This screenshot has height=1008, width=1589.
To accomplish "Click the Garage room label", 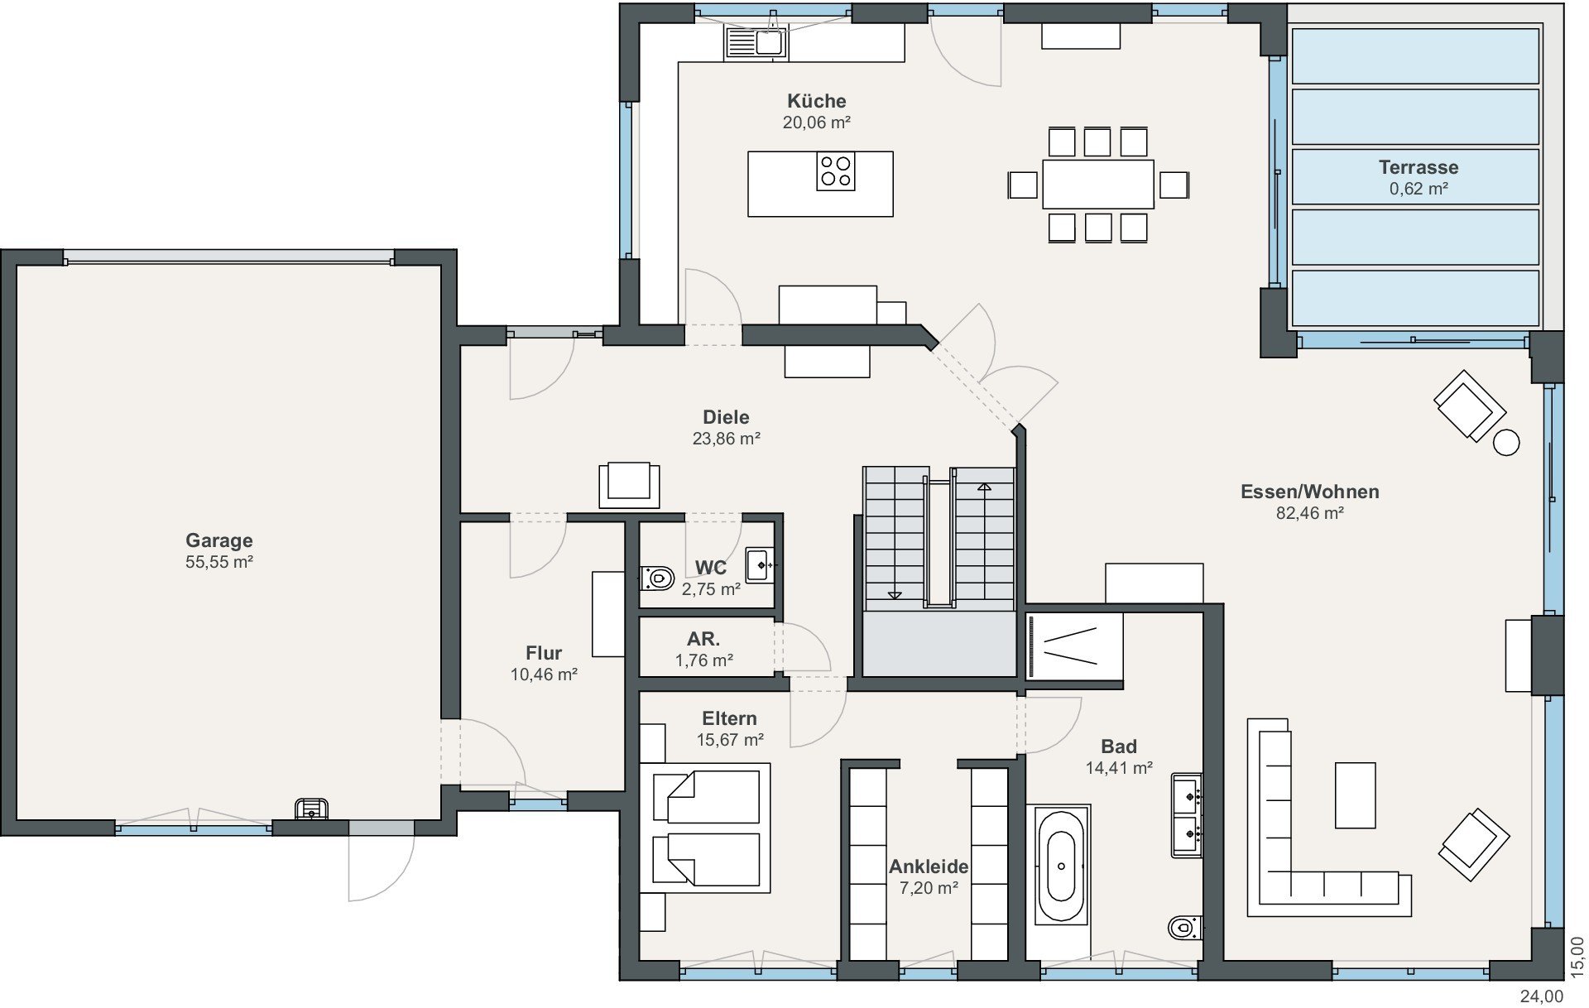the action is click(x=218, y=540).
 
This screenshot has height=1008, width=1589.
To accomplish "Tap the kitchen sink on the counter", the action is click(x=756, y=42).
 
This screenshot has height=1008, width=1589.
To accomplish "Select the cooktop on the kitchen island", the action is click(x=835, y=171).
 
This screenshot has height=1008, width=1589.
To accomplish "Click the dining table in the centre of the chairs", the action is click(x=1097, y=184).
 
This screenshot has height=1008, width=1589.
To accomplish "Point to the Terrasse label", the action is click(x=1419, y=166).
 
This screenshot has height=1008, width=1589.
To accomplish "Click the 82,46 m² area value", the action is click(x=1309, y=513).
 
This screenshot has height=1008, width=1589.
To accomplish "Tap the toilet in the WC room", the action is click(x=657, y=578).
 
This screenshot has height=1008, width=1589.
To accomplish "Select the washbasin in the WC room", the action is click(x=760, y=565).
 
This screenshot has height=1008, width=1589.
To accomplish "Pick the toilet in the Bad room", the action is click(x=1184, y=928).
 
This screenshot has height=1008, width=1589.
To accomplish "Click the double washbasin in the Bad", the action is click(x=1187, y=815).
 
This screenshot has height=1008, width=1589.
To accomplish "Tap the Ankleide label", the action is click(x=929, y=866).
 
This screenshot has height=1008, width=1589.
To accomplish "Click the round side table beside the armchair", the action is click(x=1506, y=443).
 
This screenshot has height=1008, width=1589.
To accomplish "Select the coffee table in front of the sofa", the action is click(x=1355, y=795).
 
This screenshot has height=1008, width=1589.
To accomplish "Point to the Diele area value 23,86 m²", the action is click(x=726, y=439).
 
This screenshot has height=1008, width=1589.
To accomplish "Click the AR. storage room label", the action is click(x=703, y=639).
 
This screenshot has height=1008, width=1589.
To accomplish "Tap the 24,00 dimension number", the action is click(x=1542, y=996).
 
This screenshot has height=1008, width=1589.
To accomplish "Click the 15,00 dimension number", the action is click(x=1577, y=958).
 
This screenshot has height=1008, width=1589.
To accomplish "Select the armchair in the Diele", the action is click(x=629, y=484).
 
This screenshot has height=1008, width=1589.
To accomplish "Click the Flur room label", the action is click(x=544, y=653).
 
